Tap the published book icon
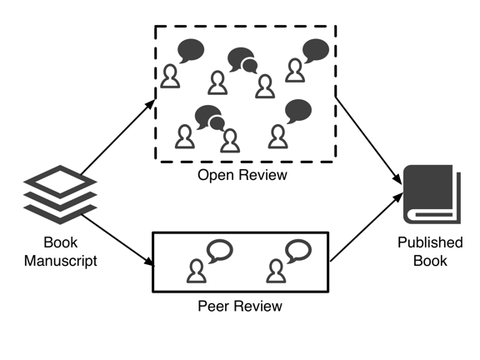pyautogui.click(x=430, y=195)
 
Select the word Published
pyautogui.click(x=430, y=242)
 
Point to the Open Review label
pyautogui.click(x=242, y=175)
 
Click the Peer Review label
pyautogui.click(x=240, y=306)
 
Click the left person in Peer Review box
pyautogui.click(x=197, y=270)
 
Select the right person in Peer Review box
pyautogui.click(x=275, y=270)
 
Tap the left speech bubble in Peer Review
pyautogui.click(x=220, y=250)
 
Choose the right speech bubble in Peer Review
pyautogui.click(x=297, y=250)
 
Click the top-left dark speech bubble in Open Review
pyautogui.click(x=192, y=51)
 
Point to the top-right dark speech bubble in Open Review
pyautogui.click(x=316, y=50)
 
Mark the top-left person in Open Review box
pyautogui.click(x=171, y=77)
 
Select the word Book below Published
pyautogui.click(x=430, y=261)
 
